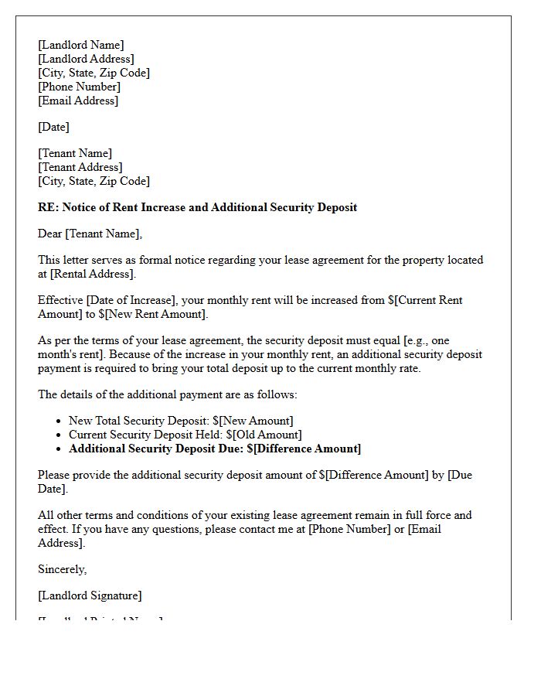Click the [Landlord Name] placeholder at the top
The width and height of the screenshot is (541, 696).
[80, 45]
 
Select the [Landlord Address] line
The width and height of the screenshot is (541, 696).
[86, 59]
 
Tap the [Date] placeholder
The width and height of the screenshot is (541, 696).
[53, 127]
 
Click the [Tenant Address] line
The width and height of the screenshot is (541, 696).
[80, 167]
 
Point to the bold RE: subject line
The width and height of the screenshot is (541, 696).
[197, 207]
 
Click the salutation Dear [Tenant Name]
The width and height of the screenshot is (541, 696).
[90, 234]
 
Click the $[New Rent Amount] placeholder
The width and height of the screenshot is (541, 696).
[153, 314]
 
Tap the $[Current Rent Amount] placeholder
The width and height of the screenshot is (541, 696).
[424, 300]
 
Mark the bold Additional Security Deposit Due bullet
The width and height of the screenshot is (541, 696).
[215, 449]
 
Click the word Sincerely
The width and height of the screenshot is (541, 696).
[63, 569]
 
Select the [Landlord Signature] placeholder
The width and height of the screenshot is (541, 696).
[90, 595]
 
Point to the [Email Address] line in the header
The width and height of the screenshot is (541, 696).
[78, 101]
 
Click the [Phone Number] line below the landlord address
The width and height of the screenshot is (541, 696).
[79, 87]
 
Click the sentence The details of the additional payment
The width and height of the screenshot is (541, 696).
[167, 394]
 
